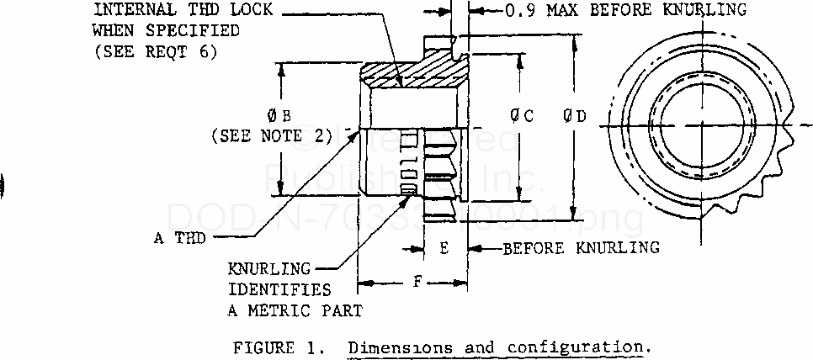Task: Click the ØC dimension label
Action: (x=523, y=117)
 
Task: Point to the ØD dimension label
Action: (x=577, y=117)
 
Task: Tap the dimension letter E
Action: (x=444, y=249)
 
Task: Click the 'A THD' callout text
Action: (x=179, y=238)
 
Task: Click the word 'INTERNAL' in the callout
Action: (x=129, y=11)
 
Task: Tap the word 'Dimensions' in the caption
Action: (x=394, y=347)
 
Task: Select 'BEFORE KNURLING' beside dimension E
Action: (x=582, y=249)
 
